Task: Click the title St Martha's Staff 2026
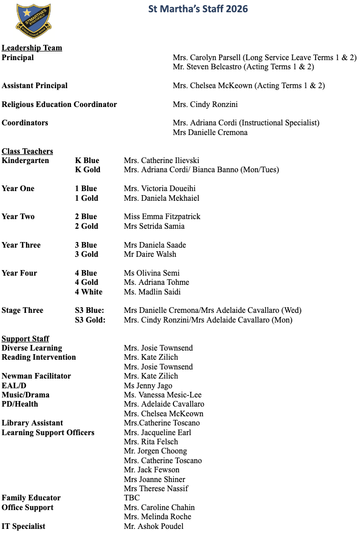coord(198,9)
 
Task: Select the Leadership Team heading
coord(32,48)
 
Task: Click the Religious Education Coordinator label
coord(59,104)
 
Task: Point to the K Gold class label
coord(88,170)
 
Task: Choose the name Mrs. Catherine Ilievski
coord(161,161)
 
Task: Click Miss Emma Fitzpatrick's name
coord(162,217)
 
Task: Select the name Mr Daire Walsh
coord(150,254)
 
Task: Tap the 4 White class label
coord(89,291)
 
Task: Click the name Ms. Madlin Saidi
coord(152,291)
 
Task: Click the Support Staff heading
coord(25,339)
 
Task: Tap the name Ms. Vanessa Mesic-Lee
coord(163,395)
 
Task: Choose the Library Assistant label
coord(32,423)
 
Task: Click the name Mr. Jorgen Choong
coord(156,451)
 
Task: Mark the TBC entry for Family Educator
coord(132,498)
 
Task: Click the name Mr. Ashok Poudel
coord(153,526)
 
